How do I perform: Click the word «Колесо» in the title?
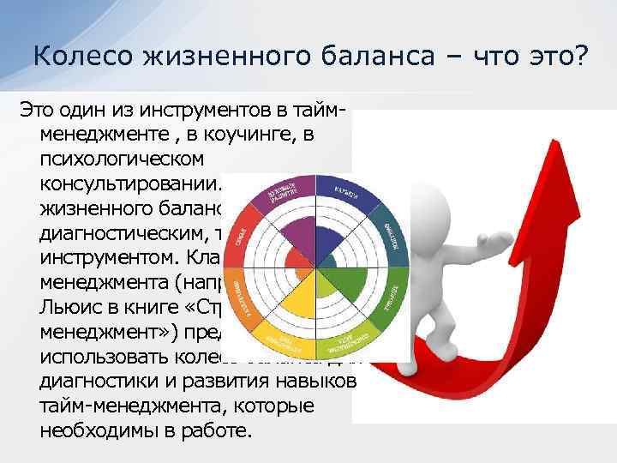[x=79, y=57]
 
